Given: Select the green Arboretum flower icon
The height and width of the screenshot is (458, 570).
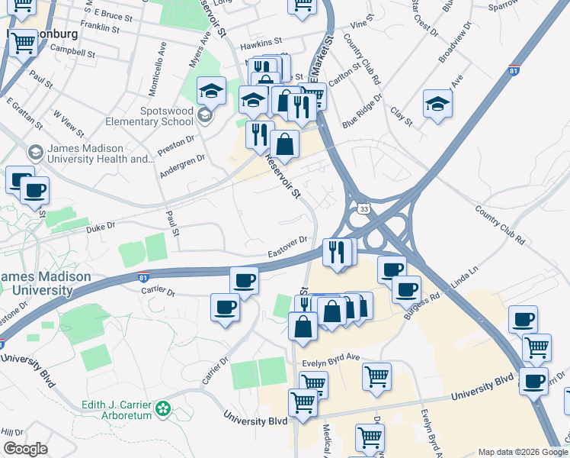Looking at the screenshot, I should click(x=162, y=409).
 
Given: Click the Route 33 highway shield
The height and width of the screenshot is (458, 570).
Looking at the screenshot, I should click(x=363, y=208).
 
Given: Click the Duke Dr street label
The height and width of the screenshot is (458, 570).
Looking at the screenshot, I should click(x=100, y=227).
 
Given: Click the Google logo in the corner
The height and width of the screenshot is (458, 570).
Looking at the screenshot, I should click(x=24, y=449).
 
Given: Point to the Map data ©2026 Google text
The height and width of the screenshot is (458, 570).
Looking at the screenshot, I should click(x=522, y=452).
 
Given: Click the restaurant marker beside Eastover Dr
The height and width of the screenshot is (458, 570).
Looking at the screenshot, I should click(x=337, y=252).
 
